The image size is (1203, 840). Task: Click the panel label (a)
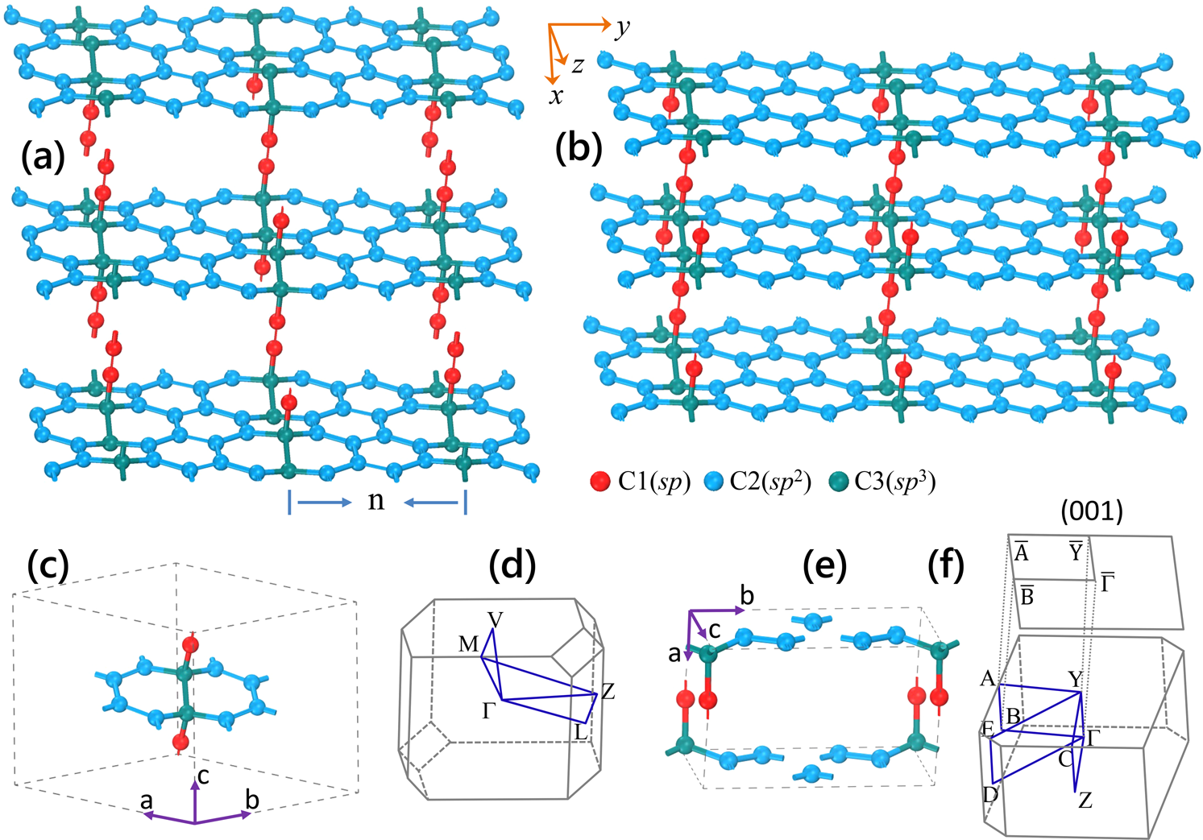(43, 157)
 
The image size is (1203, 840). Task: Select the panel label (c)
(48, 565)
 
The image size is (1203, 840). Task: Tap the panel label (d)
(513, 565)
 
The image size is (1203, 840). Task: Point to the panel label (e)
(824, 565)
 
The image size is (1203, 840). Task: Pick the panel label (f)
(946, 565)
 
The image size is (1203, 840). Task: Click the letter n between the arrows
(376, 501)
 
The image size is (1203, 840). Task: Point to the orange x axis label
(556, 96)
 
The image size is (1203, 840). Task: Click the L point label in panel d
(581, 733)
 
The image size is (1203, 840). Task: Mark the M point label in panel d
(468, 644)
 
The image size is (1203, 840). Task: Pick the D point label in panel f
(990, 795)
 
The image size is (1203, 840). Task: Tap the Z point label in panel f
(1085, 801)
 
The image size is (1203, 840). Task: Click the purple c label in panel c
(203, 775)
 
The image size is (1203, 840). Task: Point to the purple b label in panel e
(747, 596)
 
